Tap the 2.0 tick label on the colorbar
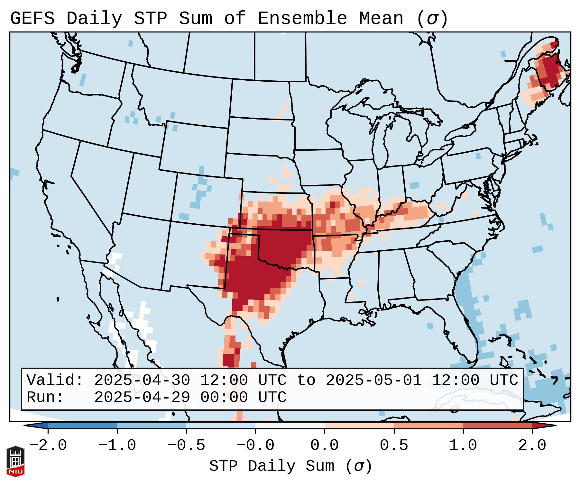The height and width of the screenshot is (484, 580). [532, 445]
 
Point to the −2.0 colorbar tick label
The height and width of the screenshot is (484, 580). [48, 445]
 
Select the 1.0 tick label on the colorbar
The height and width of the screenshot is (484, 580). [463, 445]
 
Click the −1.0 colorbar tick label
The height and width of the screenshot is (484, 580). [117, 445]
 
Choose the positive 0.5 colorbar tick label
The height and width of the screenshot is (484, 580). [394, 445]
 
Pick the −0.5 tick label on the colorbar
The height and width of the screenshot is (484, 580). [186, 445]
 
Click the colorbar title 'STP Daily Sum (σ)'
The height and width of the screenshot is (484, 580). [290, 466]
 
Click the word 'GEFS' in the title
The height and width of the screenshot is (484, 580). [32, 19]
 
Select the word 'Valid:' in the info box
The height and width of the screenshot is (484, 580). [55, 380]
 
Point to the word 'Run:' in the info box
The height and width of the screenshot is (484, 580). [45, 397]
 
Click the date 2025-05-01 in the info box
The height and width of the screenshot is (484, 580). [373, 380]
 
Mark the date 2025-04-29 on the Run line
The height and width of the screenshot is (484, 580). [142, 397]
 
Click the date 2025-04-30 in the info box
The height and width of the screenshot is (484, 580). [142, 380]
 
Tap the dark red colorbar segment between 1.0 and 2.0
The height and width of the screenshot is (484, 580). [498, 426]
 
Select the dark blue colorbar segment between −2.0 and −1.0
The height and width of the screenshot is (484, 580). [82, 426]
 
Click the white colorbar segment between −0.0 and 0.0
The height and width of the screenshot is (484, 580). [290, 426]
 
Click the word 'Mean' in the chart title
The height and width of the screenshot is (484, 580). [381, 19]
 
